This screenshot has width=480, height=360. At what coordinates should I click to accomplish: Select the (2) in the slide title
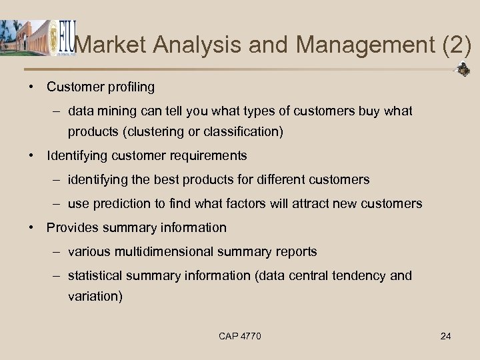[457, 45]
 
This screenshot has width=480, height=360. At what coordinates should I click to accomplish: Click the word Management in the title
[365, 45]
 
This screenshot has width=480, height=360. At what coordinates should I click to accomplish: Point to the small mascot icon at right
[463, 69]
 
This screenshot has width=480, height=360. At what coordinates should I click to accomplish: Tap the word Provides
[70, 228]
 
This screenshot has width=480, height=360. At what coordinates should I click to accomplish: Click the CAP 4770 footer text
[240, 336]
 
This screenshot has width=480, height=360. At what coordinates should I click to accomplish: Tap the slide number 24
[445, 336]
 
